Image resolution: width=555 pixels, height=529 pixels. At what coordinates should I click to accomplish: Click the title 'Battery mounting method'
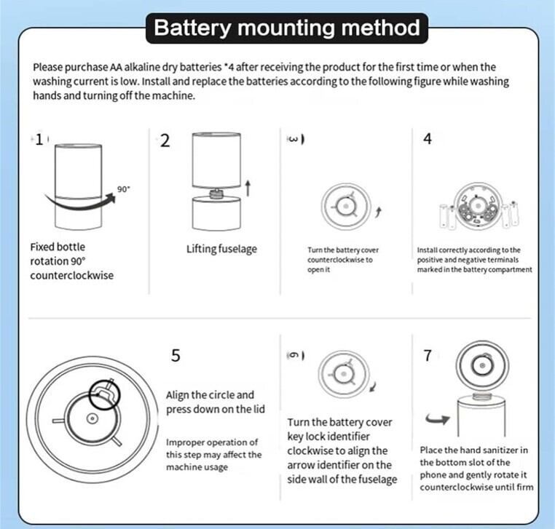tap(288, 28)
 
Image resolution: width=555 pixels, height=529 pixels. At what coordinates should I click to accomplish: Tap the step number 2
tap(165, 141)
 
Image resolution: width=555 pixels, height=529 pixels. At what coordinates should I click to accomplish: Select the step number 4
tap(428, 139)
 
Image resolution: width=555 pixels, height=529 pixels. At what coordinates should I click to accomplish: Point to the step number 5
tap(175, 356)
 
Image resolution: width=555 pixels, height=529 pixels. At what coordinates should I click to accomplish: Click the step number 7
tap(428, 356)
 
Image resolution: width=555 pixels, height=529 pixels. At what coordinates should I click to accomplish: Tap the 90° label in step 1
tap(124, 189)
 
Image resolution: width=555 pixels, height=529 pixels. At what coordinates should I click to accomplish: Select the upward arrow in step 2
tap(248, 188)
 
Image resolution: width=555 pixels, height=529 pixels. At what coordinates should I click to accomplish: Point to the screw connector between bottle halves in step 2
tap(217, 194)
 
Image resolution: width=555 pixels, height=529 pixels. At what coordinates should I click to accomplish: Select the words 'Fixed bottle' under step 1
tap(58, 247)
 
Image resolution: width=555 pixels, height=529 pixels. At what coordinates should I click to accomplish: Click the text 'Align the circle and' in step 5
tap(210, 395)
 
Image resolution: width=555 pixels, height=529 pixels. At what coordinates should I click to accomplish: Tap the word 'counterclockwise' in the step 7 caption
tap(459, 487)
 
